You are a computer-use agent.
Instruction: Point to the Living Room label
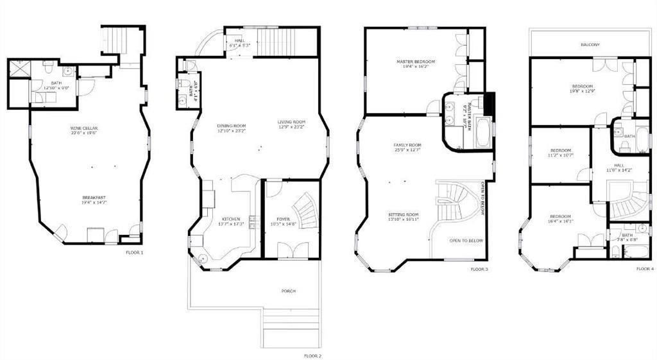click(x=291, y=124)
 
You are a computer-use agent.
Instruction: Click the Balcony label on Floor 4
click(x=590, y=45)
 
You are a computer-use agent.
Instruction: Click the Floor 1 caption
click(x=135, y=253)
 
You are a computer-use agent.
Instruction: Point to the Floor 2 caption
click(x=312, y=356)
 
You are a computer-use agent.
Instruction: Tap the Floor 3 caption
click(x=479, y=270)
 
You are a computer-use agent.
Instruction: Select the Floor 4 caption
click(x=645, y=270)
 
